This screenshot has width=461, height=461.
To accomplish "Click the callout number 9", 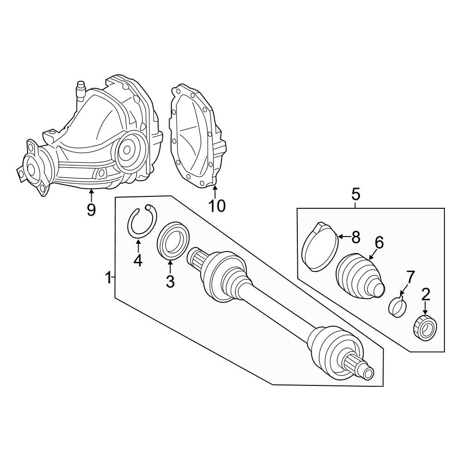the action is coord(91,209).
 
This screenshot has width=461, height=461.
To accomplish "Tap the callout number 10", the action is coord(217,205).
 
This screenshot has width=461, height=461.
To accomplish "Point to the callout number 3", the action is coord(170,281).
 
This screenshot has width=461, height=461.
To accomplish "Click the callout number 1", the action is coord(108,278).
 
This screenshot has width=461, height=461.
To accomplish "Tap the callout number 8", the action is coord(356,237).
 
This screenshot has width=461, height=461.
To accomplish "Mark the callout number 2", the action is coord(426,294).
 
